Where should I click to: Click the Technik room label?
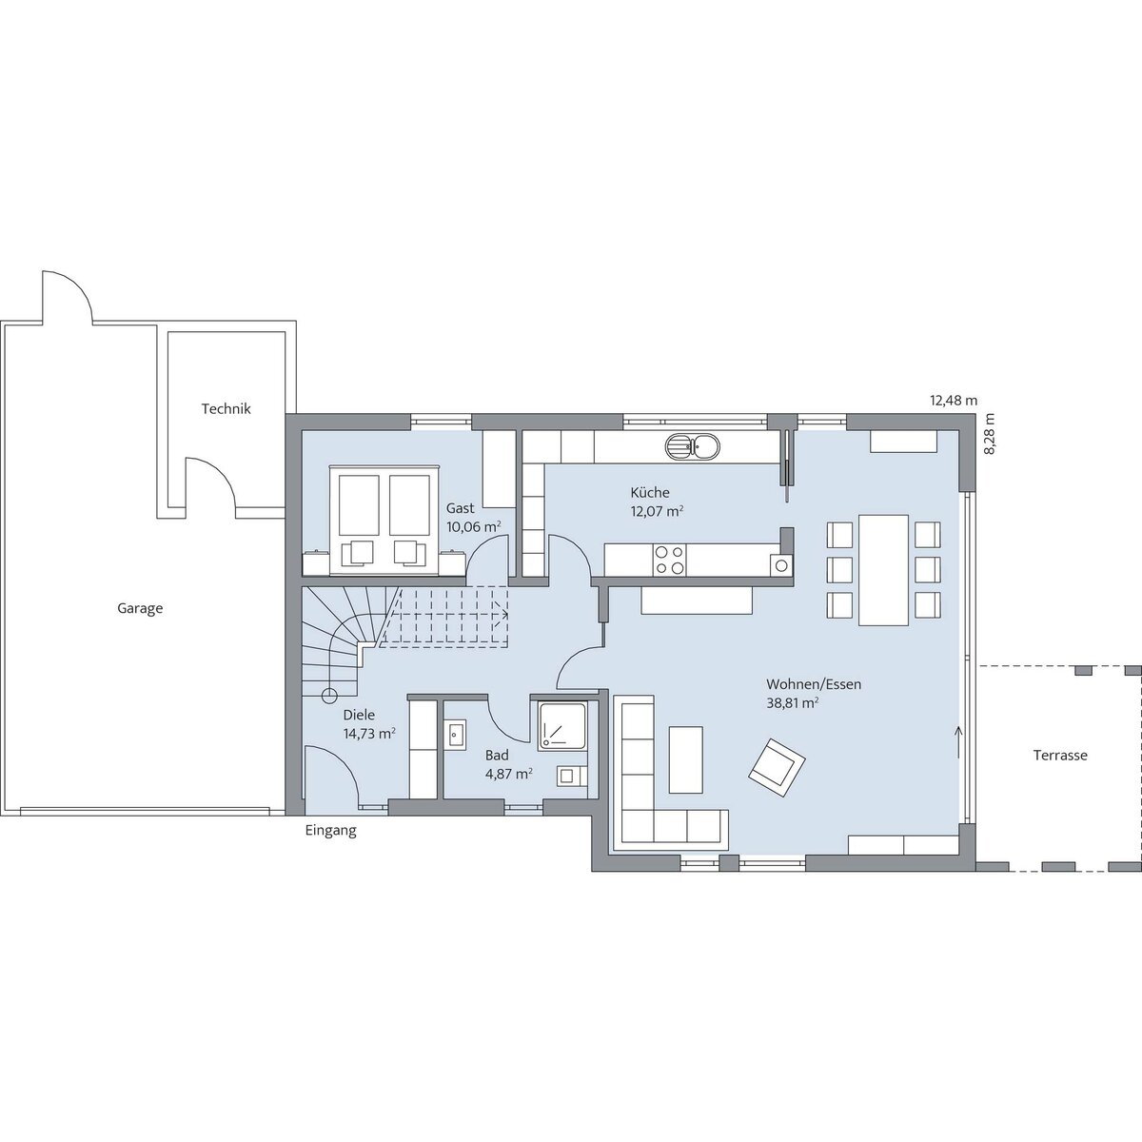226,409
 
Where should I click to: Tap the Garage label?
140,609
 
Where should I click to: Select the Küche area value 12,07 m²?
658,511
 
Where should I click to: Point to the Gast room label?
461,508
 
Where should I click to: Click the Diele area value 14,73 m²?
370,734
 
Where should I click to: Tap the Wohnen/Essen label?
814,684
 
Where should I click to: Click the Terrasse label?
1060,755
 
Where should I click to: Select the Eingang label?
330,830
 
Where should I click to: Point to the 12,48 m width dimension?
954,401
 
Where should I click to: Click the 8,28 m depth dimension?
989,433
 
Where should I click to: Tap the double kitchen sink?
692,447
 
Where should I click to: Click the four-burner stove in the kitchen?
669,560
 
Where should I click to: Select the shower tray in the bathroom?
561,727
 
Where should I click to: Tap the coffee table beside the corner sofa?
685,759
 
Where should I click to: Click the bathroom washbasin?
455,736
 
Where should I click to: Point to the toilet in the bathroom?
572,776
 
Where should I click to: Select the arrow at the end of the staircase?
503,615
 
